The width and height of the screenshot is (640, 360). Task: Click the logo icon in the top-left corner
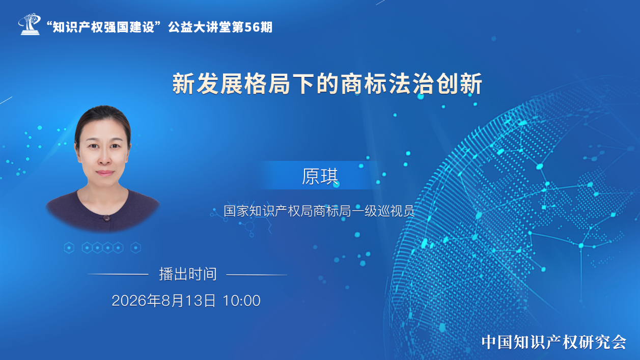click(30, 24)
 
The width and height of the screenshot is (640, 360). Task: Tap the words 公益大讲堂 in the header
click(200, 27)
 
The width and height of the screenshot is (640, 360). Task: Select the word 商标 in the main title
click(352, 84)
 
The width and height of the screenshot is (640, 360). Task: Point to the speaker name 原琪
click(320, 176)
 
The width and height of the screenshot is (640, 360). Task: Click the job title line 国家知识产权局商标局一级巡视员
click(319, 211)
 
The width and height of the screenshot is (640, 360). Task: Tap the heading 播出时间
click(188, 274)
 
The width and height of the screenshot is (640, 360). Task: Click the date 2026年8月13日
click(164, 300)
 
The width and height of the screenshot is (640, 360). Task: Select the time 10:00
click(241, 301)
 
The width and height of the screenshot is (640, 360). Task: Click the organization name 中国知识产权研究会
click(554, 342)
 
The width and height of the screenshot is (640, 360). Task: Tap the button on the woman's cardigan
click(106, 218)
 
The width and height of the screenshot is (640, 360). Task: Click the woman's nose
click(104, 158)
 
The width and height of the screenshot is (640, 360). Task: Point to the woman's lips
click(105, 173)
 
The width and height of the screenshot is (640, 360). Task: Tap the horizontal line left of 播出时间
click(118, 274)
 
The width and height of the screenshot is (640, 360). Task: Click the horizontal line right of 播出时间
click(257, 275)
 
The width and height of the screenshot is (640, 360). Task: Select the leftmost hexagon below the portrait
click(69, 247)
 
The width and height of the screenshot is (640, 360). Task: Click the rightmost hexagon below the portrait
click(136, 247)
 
